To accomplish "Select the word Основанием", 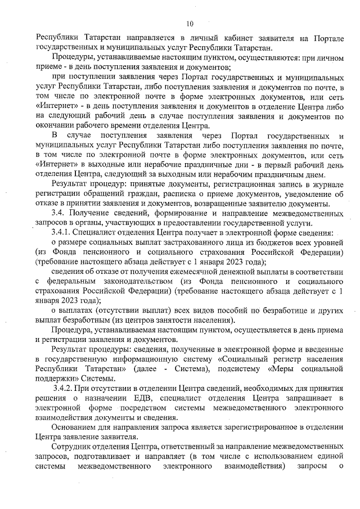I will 74,427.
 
